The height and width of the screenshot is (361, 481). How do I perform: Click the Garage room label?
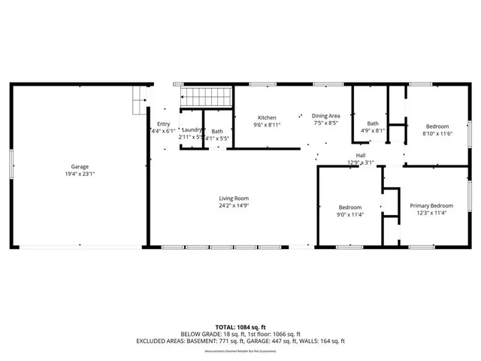(x=80, y=166)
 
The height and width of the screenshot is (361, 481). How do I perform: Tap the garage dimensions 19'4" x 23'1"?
(x=80, y=174)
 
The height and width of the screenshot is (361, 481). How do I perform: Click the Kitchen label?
(x=267, y=118)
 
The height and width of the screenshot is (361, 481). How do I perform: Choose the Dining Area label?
(x=326, y=116)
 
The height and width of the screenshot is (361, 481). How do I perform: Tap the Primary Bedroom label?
(x=431, y=205)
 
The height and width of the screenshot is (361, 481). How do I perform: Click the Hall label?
(x=361, y=156)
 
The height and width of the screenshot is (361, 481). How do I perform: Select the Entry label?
(x=163, y=124)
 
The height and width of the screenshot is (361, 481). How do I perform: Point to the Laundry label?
(x=191, y=130)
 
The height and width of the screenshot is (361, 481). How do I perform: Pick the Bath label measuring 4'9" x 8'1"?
(x=373, y=123)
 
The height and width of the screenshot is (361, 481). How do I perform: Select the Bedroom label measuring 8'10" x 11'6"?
(x=437, y=126)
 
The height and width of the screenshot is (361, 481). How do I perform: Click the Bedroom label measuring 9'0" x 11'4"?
(x=350, y=208)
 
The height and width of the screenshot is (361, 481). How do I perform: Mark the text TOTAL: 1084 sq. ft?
(x=240, y=327)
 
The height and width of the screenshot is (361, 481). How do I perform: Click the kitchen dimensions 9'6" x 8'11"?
(x=267, y=126)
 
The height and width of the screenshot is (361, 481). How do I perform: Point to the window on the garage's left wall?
(x=11, y=166)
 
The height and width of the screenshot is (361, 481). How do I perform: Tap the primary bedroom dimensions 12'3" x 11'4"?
(x=431, y=213)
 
